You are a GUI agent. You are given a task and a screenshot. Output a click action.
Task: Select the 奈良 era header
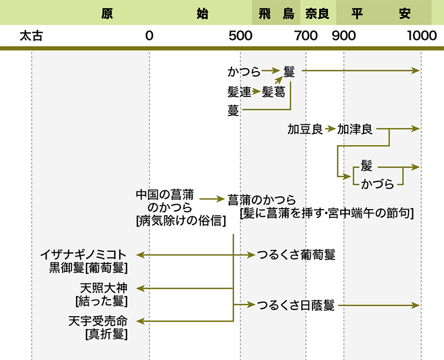click(x=317, y=13)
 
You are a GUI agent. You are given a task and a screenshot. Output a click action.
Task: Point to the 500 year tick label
click(x=240, y=37)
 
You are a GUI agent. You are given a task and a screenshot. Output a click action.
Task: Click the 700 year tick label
click(x=306, y=37)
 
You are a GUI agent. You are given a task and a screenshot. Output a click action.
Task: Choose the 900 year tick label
click(x=344, y=37)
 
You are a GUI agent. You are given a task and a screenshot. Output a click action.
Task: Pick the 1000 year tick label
click(x=421, y=37)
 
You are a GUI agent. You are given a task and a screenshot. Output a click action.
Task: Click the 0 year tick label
click(x=149, y=37)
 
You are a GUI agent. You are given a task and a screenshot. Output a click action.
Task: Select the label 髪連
click(x=239, y=92)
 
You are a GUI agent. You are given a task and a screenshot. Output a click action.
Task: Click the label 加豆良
click(x=305, y=130)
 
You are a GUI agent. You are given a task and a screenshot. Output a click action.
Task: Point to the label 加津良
click(x=355, y=130)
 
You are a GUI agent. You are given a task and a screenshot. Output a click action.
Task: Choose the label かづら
click(x=377, y=184)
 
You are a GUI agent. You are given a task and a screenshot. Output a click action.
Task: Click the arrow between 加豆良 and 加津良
click(x=330, y=130)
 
